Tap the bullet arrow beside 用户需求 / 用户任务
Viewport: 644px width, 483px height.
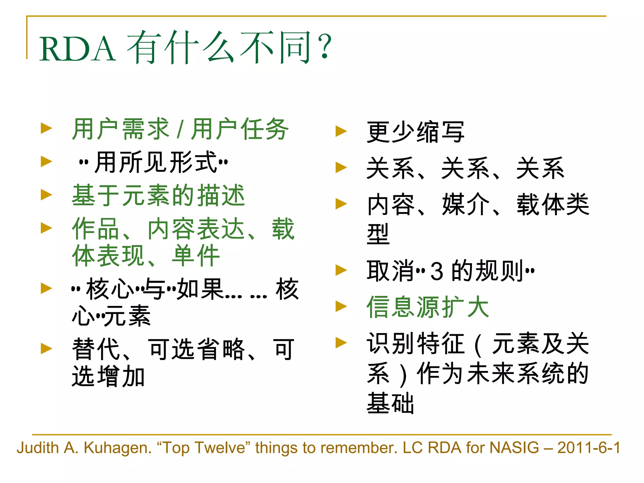(x=46, y=128)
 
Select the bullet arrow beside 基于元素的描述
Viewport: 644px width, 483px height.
(x=46, y=195)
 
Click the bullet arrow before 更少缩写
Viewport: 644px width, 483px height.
(x=341, y=131)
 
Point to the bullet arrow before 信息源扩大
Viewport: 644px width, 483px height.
(x=341, y=306)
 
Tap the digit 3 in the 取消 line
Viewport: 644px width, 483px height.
(x=437, y=271)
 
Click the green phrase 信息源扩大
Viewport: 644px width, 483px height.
(x=428, y=307)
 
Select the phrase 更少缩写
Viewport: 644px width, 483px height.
(x=415, y=132)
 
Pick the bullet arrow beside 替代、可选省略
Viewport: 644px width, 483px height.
(x=46, y=348)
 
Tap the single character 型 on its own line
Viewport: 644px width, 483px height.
(x=378, y=234)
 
